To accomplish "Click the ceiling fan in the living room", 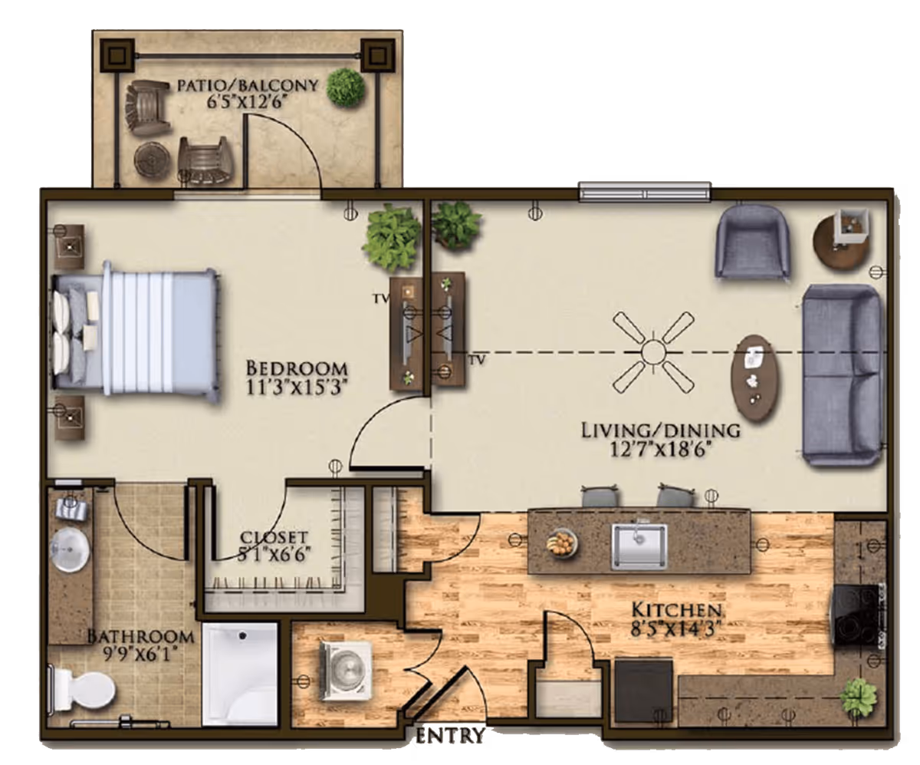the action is pos(653,352).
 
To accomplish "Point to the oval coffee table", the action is pos(754,379).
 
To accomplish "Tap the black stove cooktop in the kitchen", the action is pos(855,615).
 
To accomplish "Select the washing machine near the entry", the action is pos(346,670).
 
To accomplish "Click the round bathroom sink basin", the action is pos(70,550).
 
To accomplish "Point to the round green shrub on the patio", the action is pos(346,87).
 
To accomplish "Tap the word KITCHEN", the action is pos(676,610).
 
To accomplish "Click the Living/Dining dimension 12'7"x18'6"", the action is pos(660,450).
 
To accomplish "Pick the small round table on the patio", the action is pos(152,159).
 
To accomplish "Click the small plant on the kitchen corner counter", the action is pos(857,698).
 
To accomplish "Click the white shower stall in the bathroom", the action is pos(240,674).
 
